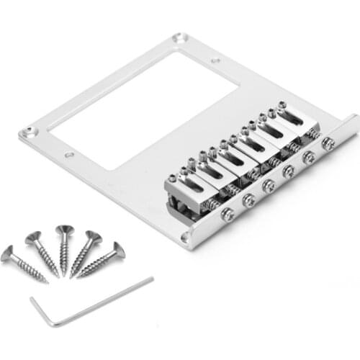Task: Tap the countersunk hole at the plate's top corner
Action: (x=180, y=37)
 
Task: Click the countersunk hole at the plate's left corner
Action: (x=29, y=132)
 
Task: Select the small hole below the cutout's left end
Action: (x=68, y=155)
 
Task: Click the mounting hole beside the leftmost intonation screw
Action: (x=185, y=235)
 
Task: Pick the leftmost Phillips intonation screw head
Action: (x=228, y=214)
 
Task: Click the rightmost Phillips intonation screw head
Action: (x=328, y=144)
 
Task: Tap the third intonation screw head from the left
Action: (x=268, y=186)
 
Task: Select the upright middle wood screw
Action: (x=64, y=248)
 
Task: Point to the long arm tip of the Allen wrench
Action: (x=150, y=279)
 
